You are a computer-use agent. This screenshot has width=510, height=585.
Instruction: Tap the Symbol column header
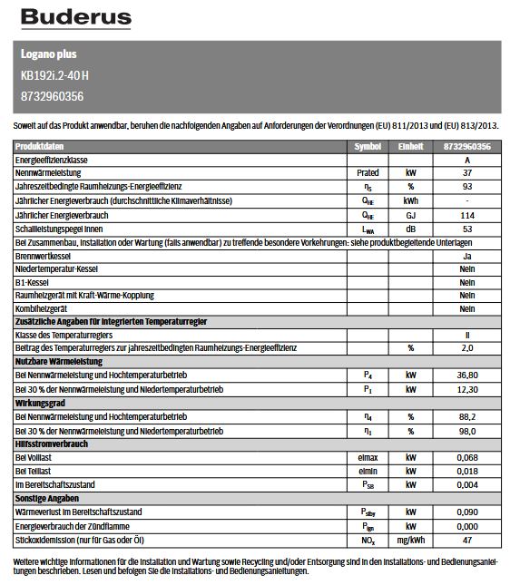[368, 146]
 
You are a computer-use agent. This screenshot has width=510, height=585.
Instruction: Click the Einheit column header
[412, 146]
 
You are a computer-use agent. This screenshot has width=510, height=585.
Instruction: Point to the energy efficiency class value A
[467, 159]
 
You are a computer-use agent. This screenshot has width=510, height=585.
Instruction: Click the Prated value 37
[467, 172]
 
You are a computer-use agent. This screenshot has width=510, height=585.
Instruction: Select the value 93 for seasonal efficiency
[467, 186]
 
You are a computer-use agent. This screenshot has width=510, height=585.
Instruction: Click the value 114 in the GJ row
[467, 215]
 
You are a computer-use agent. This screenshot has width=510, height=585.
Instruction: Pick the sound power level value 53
[467, 229]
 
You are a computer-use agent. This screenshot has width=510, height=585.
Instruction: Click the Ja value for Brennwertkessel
[467, 257]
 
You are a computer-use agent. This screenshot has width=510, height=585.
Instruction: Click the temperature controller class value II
[467, 336]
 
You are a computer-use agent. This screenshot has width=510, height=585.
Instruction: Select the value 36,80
[467, 375]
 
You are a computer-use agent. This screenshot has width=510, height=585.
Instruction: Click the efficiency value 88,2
[467, 415]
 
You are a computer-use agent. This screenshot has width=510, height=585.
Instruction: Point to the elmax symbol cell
[368, 457]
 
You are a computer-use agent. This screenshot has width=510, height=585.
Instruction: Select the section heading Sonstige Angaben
[47, 498]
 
